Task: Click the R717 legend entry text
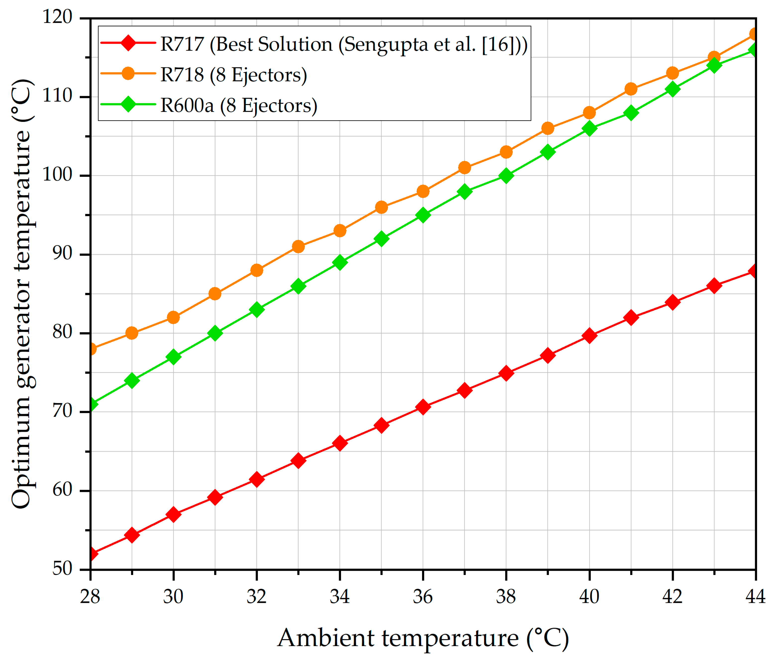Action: (x=344, y=45)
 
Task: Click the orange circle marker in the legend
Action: (x=128, y=74)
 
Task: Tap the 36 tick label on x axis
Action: (x=423, y=597)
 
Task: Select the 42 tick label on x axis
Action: (x=672, y=597)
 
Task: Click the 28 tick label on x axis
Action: (x=90, y=597)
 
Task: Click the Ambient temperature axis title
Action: (x=423, y=638)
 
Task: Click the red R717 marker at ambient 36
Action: (x=423, y=407)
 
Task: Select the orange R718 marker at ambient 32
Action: (x=257, y=270)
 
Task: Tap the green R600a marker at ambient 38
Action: (x=506, y=176)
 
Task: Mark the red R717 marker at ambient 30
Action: (x=173, y=515)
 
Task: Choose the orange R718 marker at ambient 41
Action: (x=630, y=89)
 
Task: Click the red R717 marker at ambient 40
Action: (x=589, y=336)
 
